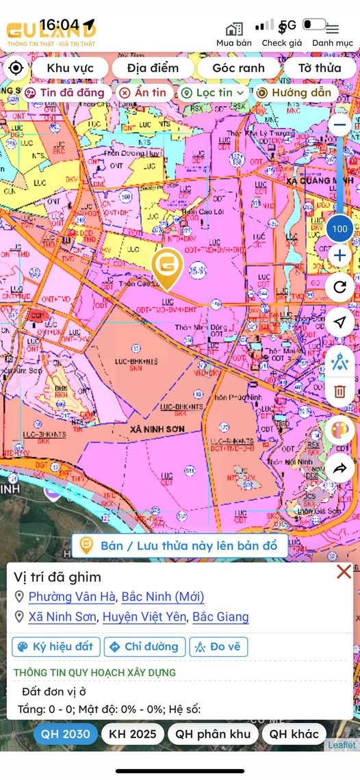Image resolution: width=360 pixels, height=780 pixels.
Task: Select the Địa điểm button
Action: [x=153, y=68]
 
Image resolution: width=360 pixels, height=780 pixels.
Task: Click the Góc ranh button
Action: [x=238, y=68]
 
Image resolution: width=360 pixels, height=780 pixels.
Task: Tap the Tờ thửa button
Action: [x=319, y=68]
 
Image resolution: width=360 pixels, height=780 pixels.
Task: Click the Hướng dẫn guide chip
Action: [x=294, y=92]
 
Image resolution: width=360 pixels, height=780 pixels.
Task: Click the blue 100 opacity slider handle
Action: [x=339, y=229]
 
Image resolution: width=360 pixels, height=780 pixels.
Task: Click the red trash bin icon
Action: [x=339, y=391]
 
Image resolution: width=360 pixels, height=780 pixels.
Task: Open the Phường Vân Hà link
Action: [x=72, y=597]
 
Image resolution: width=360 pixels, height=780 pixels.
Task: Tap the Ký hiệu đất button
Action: [x=56, y=647]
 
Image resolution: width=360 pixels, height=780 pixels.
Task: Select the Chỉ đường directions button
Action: [x=144, y=647]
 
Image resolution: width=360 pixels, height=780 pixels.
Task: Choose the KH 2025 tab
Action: [x=133, y=734]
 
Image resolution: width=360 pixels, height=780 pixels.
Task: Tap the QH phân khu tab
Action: [x=213, y=734]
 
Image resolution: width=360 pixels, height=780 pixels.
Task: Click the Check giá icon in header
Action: [x=282, y=33]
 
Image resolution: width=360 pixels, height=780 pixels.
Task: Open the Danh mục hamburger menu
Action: [x=332, y=33]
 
